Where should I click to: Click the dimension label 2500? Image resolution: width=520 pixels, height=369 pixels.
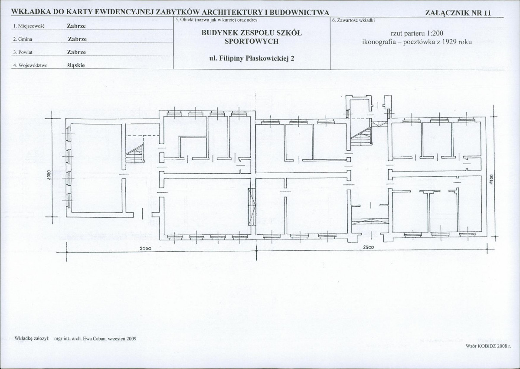point(369,247)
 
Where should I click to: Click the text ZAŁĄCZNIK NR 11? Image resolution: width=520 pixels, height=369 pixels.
point(457,13)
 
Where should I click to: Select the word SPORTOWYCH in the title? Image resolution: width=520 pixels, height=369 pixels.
point(252,42)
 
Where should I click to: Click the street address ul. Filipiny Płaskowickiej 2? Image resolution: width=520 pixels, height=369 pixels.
point(252,58)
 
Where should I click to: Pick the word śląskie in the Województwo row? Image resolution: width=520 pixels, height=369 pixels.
point(76,65)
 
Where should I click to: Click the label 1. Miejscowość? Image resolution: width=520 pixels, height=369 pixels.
point(29,26)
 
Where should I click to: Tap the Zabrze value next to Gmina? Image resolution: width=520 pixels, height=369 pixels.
point(77,39)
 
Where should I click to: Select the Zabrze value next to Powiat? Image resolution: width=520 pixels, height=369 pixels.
point(76,52)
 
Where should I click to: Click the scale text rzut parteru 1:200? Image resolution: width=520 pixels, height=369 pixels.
point(417,33)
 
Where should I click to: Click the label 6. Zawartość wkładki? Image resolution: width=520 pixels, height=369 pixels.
point(353,20)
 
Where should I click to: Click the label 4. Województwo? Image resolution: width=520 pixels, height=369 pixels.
point(30,65)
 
